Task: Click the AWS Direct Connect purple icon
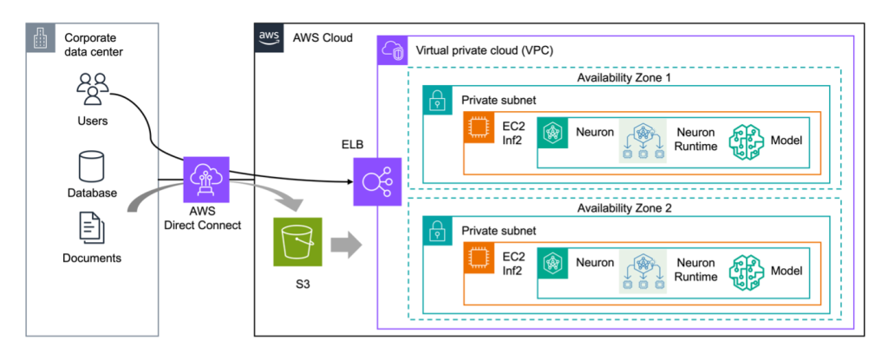pyautogui.click(x=206, y=180)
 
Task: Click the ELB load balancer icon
pyautogui.click(x=376, y=182)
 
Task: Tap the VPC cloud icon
pyautogui.click(x=393, y=51)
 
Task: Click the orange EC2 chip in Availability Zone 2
pyautogui.click(x=478, y=256)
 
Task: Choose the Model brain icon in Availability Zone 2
pyautogui.click(x=748, y=271)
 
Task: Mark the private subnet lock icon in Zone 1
pyautogui.click(x=436, y=100)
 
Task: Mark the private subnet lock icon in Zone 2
pyautogui.click(x=436, y=230)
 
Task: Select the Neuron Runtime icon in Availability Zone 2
pyautogui.click(x=643, y=271)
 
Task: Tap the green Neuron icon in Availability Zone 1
pyautogui.click(x=552, y=134)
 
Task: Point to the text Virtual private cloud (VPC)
pyautogui.click(x=485, y=51)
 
